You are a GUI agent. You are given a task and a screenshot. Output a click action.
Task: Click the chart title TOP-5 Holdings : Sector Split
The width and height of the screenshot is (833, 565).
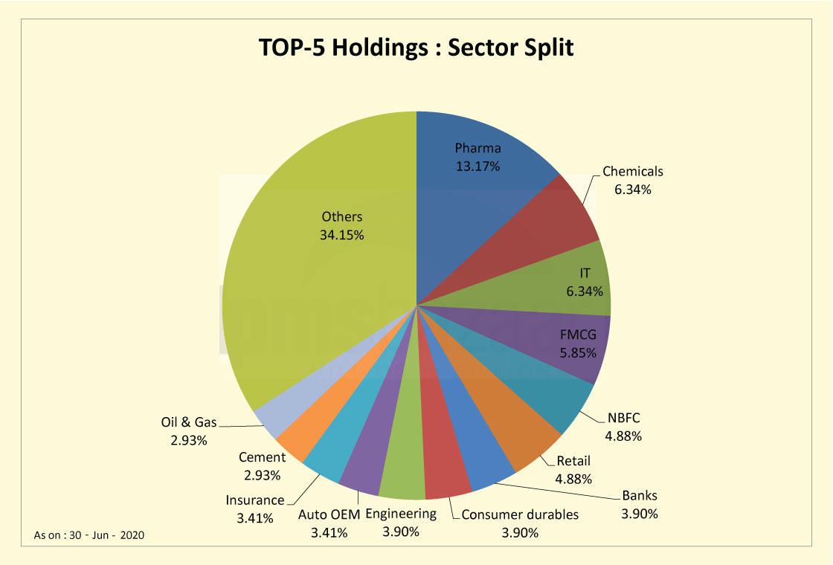(416, 47)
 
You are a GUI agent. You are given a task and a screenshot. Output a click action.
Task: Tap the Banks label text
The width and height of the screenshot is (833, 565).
(640, 496)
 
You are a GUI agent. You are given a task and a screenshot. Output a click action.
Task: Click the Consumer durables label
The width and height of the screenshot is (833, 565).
(519, 514)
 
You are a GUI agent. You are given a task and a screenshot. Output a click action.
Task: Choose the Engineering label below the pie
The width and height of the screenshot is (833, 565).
(401, 514)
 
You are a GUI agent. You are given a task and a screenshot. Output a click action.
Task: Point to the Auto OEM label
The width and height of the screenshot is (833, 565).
(329, 514)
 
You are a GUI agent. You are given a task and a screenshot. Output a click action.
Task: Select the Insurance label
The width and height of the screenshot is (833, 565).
(255, 500)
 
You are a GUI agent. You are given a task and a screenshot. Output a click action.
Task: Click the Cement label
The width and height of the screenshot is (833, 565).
(262, 457)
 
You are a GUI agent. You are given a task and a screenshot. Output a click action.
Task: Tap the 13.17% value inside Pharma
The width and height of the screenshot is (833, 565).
(477, 166)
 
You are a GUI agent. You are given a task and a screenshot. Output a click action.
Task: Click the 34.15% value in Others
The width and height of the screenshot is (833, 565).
(341, 235)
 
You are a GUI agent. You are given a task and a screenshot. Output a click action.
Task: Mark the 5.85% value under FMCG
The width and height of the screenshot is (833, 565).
(578, 353)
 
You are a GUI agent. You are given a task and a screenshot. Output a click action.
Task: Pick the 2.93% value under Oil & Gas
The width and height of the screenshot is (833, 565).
(189, 440)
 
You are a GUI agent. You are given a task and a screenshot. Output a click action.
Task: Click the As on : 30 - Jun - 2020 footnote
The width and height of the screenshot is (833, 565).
(89, 535)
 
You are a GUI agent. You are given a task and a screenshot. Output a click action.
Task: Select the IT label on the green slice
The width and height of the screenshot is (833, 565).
(585, 274)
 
